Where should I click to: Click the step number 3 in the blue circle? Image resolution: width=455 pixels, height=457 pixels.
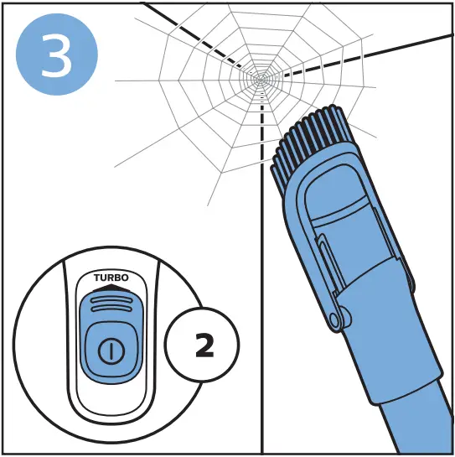point(56,54)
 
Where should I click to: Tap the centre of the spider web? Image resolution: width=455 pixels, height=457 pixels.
point(262,80)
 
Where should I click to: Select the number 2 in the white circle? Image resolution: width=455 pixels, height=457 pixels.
point(203,345)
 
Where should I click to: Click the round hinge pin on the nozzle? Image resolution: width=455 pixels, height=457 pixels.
point(338,318)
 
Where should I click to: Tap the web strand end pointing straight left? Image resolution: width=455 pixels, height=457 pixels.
point(117,81)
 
